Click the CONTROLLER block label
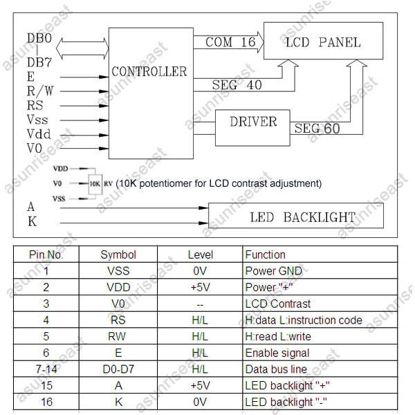[149, 71]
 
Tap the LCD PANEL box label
[323, 42]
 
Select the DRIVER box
[252, 128]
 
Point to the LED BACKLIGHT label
[302, 217]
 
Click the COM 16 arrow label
[230, 41]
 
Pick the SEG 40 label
[237, 84]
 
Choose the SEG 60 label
[317, 129]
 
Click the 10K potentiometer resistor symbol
[95, 184]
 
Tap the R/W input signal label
[40, 91]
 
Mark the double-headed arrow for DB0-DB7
[82, 48]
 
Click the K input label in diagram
[33, 221]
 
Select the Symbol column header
[118, 255]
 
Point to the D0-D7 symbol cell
[118, 369]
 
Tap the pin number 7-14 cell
[46, 369]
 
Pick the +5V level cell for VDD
[201, 288]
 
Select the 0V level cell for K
[200, 402]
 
